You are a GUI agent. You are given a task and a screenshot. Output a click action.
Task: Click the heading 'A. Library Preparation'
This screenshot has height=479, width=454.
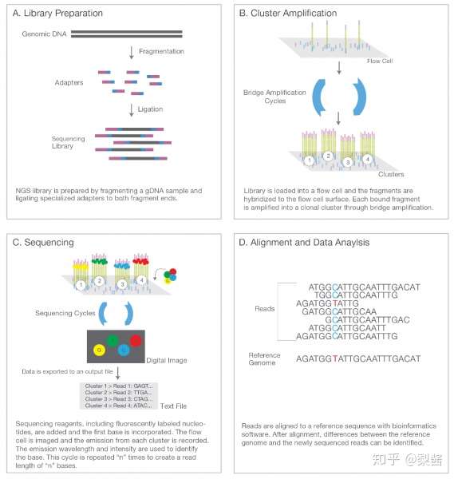[57, 13]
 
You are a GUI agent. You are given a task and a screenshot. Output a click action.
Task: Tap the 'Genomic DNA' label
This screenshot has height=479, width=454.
[44, 34]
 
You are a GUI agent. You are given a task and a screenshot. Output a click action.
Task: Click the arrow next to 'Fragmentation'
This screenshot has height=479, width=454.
[132, 53]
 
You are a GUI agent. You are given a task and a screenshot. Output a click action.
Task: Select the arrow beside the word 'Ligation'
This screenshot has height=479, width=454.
[132, 110]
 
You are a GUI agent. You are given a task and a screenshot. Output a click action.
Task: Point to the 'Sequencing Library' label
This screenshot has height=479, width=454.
[68, 142]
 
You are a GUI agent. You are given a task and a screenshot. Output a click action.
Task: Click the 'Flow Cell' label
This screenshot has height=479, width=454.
[380, 61]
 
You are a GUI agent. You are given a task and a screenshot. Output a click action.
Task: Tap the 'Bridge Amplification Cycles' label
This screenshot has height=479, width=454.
[274, 97]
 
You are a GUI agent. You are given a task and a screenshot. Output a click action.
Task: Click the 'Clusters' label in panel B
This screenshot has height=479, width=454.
[391, 174]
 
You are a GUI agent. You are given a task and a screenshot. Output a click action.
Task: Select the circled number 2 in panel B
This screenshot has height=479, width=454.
[328, 156]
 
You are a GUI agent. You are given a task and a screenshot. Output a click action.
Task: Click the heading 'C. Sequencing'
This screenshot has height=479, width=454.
[43, 242]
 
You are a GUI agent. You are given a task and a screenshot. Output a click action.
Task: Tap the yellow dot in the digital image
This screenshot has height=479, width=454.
[99, 350]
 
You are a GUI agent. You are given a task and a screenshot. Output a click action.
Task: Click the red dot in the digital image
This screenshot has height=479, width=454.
[136, 341]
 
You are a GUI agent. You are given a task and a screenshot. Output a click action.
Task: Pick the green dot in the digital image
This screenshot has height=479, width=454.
[113, 341]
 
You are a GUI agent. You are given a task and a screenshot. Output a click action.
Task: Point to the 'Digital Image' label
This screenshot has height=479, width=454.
[167, 361]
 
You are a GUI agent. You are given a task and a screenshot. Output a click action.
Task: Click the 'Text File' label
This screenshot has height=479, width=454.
[173, 406]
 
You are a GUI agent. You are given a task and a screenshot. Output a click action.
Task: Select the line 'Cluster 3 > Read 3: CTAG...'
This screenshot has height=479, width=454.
[118, 399]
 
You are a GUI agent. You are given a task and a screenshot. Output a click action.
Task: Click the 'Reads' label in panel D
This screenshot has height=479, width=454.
[264, 309]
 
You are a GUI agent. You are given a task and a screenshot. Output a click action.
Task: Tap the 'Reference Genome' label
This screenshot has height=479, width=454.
[264, 359]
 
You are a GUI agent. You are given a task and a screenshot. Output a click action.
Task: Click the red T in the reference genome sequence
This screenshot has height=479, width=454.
[335, 358]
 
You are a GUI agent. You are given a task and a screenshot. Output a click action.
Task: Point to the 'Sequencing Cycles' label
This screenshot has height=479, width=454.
[65, 313]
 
